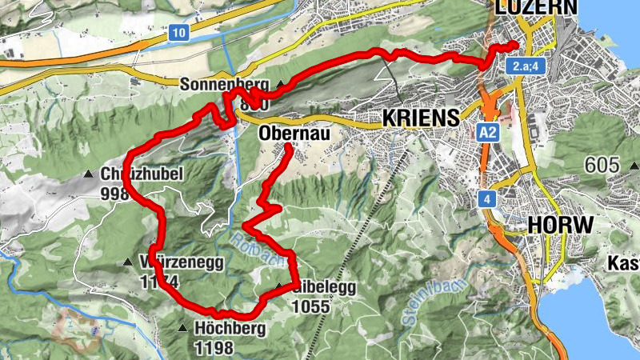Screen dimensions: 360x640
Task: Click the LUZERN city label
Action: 535,6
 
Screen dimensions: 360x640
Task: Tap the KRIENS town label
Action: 421,117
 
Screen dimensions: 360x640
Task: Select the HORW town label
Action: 560,225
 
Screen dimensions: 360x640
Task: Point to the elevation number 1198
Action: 214,348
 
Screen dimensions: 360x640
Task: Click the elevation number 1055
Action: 312,305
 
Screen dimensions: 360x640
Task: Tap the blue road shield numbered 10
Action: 178,33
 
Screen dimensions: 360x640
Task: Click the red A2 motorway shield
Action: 489,132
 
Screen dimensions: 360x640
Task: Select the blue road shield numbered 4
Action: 486,198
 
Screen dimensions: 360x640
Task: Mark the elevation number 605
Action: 602,166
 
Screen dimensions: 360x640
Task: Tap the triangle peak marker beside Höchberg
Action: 183,328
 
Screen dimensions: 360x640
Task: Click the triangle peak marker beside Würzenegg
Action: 128,262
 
